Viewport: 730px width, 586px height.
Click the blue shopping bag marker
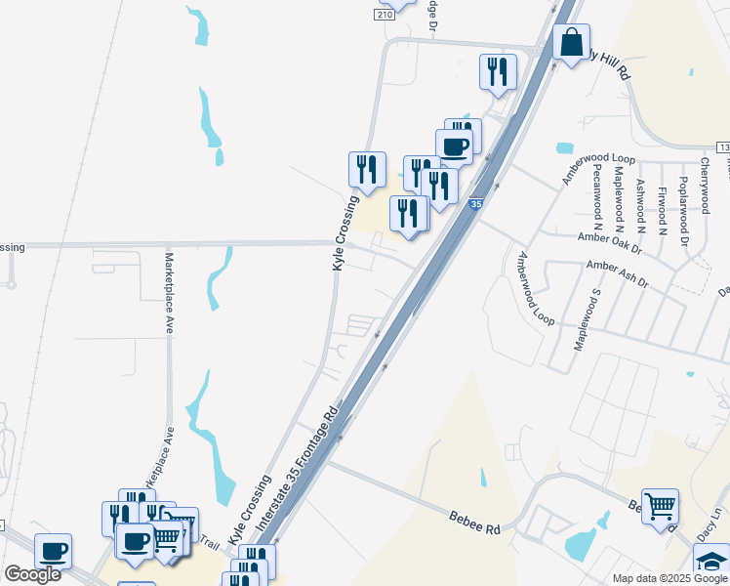[x=571, y=43]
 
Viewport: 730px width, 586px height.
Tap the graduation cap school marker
[x=710, y=562]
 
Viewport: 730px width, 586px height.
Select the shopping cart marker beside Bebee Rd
[x=661, y=507]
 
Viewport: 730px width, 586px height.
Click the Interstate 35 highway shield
[x=475, y=204]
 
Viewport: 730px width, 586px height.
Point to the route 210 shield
[x=385, y=15]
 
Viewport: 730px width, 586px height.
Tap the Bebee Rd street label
[x=474, y=520]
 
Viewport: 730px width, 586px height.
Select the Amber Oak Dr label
[x=608, y=237]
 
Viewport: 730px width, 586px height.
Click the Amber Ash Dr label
[x=617, y=272]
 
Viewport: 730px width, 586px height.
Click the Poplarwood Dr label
[x=684, y=209]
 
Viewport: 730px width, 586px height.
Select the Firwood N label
[x=662, y=210]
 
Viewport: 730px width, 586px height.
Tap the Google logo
[x=33, y=574]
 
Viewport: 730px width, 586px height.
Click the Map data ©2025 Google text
[x=670, y=578]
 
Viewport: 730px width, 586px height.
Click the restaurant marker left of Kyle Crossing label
[x=367, y=170]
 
